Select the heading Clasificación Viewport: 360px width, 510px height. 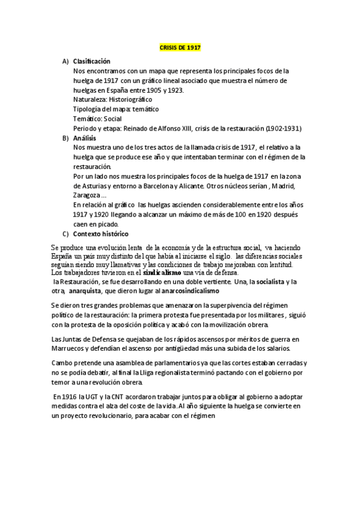point(92,61)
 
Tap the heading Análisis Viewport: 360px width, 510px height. point(85,138)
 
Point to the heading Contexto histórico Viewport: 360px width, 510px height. point(100,233)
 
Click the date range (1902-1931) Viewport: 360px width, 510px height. point(282,128)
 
